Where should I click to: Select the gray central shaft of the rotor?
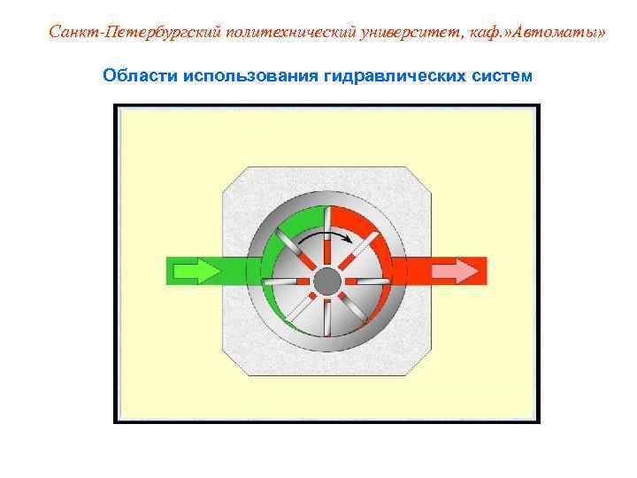pyautogui.click(x=327, y=281)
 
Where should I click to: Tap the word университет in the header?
pyautogui.click(x=416, y=33)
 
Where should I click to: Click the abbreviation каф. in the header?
pyautogui.click(x=498, y=33)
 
